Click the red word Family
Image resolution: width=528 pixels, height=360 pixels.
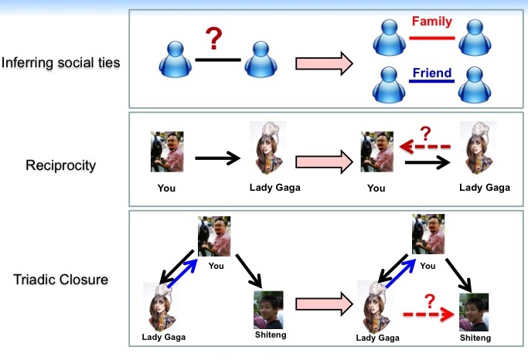tap(432, 21)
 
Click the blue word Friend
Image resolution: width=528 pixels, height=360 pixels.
tap(432, 73)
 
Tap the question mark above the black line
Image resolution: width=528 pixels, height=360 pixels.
tap(214, 39)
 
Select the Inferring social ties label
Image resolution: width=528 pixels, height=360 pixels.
tap(60, 63)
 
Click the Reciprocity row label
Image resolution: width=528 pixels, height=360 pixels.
tap(60, 165)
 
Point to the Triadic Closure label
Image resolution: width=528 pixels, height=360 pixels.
tap(60, 279)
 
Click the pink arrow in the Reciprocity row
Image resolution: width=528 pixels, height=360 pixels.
tap(324, 161)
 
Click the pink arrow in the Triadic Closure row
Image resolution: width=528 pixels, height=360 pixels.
tap(324, 304)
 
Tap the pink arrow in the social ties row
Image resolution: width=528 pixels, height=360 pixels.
tap(324, 63)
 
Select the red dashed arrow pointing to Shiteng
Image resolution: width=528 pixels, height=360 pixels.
tap(429, 314)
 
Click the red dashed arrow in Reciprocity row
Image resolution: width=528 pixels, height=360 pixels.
tap(425, 147)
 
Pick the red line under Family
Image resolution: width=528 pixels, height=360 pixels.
tap(432, 38)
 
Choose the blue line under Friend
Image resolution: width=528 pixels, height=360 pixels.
tap(432, 81)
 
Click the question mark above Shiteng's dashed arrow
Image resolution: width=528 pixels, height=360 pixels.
tap(430, 301)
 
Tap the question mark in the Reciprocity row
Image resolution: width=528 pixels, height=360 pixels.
tap(426, 133)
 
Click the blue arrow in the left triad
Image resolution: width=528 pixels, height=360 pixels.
tap(182, 273)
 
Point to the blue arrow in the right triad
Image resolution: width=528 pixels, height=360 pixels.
tap(400, 273)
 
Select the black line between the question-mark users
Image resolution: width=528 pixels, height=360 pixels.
tap(218, 60)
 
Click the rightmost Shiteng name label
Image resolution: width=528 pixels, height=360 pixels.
tap(475, 338)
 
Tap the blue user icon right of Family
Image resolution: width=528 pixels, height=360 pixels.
tap(475, 37)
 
